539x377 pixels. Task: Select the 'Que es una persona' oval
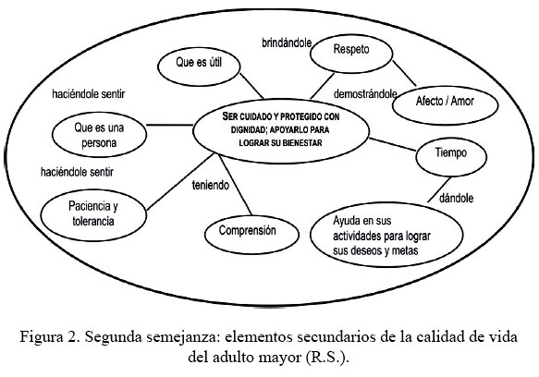pos(99,135)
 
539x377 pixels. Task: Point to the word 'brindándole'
pos(287,43)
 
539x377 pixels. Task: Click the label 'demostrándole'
pos(365,94)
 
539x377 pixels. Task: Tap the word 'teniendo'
pos(211,185)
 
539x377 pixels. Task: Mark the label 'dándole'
pos(456,198)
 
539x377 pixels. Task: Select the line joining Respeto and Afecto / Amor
pos(404,74)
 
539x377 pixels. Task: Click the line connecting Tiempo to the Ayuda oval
pos(439,189)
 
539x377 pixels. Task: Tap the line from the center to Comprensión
pos(236,186)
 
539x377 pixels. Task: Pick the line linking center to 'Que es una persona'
pos(170,125)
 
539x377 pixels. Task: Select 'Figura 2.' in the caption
pos(50,337)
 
